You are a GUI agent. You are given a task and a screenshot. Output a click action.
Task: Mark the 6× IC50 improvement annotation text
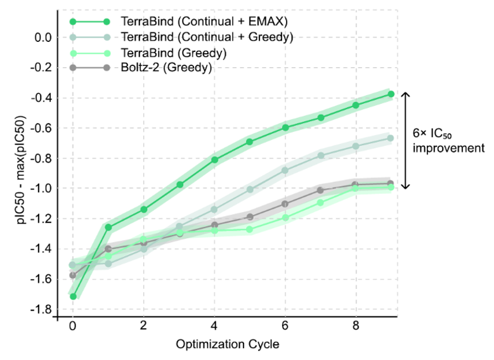coord(448,140)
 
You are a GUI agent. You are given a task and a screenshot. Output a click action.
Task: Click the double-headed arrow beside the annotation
coord(407,140)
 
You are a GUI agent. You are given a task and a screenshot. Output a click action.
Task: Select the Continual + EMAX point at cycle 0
coord(73,296)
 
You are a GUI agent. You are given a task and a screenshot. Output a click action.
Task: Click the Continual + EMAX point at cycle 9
coord(391,94)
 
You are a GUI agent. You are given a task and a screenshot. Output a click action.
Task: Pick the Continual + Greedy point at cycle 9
coord(391,138)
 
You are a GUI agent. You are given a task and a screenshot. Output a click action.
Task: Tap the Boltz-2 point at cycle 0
coord(73,275)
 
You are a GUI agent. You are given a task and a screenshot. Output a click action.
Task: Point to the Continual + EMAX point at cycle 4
coord(214,160)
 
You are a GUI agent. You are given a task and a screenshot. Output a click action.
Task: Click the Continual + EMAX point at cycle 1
coord(108,227)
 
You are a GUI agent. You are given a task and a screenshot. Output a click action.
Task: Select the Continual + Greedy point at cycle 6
coord(285,170)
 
